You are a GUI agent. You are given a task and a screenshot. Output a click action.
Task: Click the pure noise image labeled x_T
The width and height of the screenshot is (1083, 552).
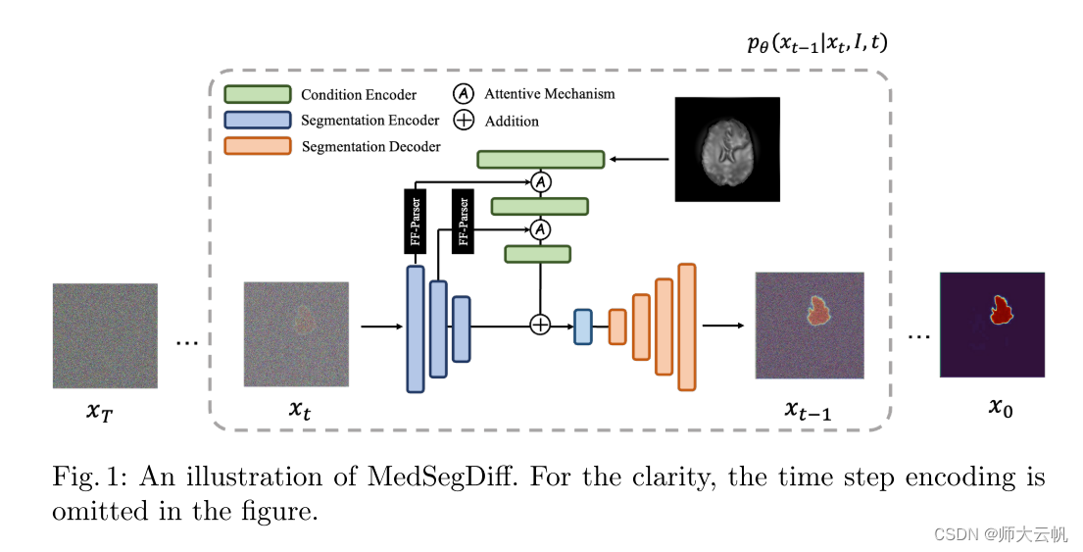point(105,335)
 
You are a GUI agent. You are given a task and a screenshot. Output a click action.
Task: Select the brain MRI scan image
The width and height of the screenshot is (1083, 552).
point(727,149)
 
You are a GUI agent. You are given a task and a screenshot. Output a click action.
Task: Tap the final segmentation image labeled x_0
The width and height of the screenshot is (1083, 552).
point(992,325)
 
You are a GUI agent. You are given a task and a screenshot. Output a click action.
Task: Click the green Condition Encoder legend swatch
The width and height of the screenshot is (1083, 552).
point(258,94)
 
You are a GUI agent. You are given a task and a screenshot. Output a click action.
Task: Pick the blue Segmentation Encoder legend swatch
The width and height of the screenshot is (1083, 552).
point(258,120)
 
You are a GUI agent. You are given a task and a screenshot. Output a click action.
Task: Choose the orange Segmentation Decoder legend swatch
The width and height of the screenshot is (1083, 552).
point(258,146)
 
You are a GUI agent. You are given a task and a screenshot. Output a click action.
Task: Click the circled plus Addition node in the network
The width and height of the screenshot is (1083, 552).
point(540,325)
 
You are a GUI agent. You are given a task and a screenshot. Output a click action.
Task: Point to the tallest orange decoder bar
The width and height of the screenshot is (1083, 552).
point(686,326)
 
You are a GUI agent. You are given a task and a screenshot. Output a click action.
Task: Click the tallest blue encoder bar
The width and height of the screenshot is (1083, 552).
point(416,328)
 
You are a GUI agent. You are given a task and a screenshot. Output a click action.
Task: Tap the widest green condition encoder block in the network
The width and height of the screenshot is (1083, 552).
point(540,159)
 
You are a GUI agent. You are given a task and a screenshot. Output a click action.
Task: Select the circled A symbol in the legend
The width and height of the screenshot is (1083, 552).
point(464,94)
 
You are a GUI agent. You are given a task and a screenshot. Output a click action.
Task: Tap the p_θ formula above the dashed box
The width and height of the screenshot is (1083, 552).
point(817,43)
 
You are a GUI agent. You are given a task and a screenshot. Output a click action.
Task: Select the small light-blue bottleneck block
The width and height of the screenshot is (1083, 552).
point(583,326)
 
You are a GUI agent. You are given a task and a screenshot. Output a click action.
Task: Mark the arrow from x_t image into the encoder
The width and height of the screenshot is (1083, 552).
point(381,326)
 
